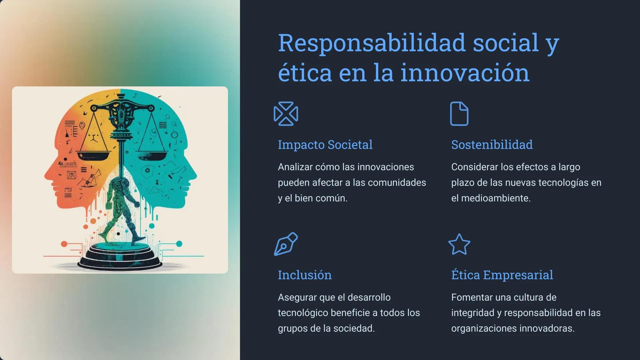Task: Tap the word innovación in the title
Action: click(465, 73)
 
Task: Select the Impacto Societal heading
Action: click(325, 145)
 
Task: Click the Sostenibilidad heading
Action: click(492, 145)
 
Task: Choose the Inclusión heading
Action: click(305, 275)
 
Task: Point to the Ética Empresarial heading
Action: click(502, 275)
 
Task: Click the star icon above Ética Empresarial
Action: click(459, 244)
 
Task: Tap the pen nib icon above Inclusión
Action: click(286, 244)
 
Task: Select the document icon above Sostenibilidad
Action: click(459, 114)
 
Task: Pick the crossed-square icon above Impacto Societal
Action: click(286, 114)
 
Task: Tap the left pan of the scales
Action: click(94, 156)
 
